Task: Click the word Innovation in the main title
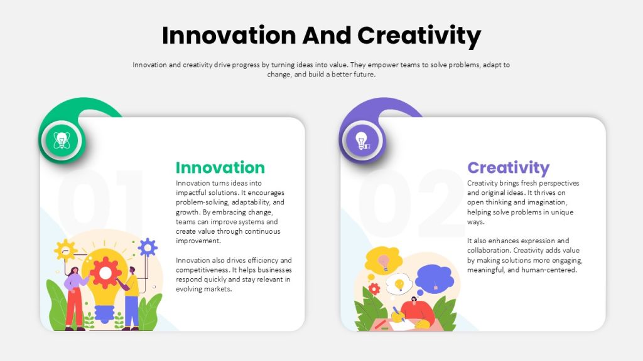tap(229, 35)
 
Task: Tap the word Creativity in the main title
tap(419, 36)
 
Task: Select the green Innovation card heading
tap(220, 167)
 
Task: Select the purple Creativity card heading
tap(509, 168)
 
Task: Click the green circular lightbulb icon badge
tap(62, 140)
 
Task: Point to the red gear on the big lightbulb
tap(105, 273)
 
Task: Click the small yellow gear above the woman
tap(65, 249)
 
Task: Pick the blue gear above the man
tap(148, 247)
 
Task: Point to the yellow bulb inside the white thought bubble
tap(399, 284)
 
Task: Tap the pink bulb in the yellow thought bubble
tap(384, 262)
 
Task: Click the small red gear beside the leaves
tap(374, 289)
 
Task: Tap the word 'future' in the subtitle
tap(364, 75)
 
